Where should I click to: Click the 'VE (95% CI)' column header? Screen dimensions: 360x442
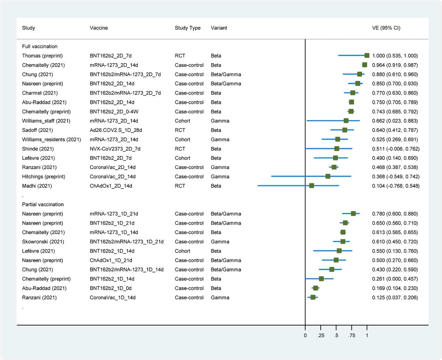click(x=386, y=28)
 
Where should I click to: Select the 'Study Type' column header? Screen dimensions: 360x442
click(x=188, y=28)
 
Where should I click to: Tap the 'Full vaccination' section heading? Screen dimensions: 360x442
click(x=40, y=46)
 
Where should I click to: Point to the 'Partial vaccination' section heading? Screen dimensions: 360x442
click(x=43, y=204)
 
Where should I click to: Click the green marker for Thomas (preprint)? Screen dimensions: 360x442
click(x=367, y=56)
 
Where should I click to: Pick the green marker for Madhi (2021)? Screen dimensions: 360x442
click(x=311, y=186)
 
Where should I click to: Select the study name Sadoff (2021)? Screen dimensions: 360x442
click(x=37, y=130)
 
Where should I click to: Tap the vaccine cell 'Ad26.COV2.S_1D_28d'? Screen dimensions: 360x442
click(x=116, y=130)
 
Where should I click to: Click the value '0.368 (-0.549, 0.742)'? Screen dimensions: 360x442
click(x=396, y=176)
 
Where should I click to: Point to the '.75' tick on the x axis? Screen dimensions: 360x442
click(x=352, y=335)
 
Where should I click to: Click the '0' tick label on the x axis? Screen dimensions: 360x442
click(x=305, y=335)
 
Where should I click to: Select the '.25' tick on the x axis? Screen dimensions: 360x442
click(x=321, y=335)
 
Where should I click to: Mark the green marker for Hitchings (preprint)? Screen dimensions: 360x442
click(x=328, y=176)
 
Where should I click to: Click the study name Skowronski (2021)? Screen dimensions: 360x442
click(x=43, y=242)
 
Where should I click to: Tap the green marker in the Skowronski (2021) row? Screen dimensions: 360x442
click(x=343, y=242)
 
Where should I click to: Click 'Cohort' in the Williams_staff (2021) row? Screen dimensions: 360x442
click(x=182, y=121)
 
